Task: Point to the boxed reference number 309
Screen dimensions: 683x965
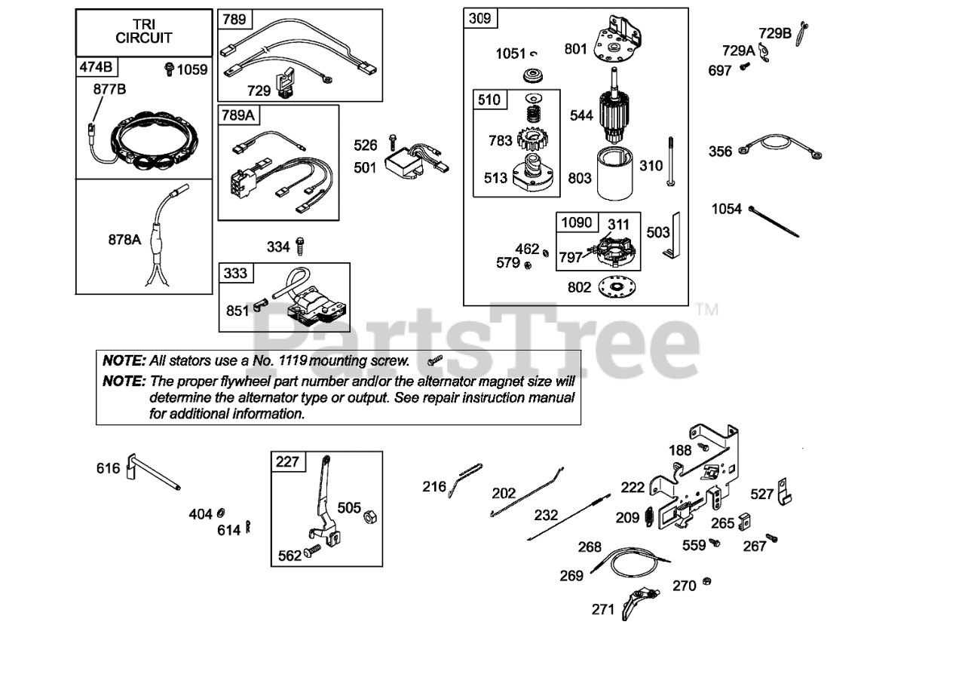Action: coord(479,18)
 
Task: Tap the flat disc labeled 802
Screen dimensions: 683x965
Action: coord(616,287)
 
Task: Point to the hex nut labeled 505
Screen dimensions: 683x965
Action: coord(371,518)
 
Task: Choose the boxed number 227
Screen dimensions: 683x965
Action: coord(288,461)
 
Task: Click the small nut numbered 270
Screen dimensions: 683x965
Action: coord(707,581)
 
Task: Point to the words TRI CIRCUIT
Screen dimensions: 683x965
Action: coord(143,31)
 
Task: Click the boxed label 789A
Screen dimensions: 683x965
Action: coord(238,115)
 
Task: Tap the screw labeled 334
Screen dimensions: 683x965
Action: coord(302,246)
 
